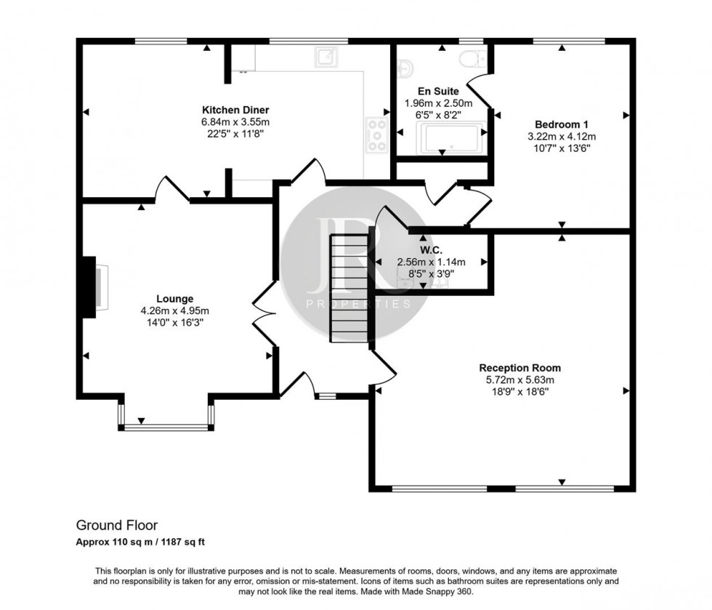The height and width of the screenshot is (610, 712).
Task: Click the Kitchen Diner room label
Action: click(x=225, y=110)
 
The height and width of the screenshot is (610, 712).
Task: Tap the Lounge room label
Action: click(x=174, y=298)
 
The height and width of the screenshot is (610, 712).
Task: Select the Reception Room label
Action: click(x=519, y=368)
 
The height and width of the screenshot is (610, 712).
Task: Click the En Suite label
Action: click(x=438, y=92)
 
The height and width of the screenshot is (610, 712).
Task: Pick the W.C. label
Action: click(x=431, y=249)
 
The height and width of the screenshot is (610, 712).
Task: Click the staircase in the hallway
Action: click(x=349, y=288)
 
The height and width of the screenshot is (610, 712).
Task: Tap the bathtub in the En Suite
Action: click(x=451, y=137)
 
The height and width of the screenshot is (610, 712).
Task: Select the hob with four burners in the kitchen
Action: click(x=377, y=135)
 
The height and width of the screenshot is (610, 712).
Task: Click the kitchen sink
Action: click(x=325, y=55)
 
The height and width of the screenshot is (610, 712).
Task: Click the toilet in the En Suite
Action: click(x=477, y=56)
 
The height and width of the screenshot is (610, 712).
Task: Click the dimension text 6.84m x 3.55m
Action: click(x=225, y=122)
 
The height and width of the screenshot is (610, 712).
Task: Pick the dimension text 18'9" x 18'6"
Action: click(x=519, y=391)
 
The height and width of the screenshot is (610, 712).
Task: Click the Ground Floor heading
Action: click(x=117, y=525)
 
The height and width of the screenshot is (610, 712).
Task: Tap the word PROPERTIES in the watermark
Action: click(x=358, y=304)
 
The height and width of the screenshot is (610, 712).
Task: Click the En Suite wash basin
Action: click(x=405, y=68)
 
